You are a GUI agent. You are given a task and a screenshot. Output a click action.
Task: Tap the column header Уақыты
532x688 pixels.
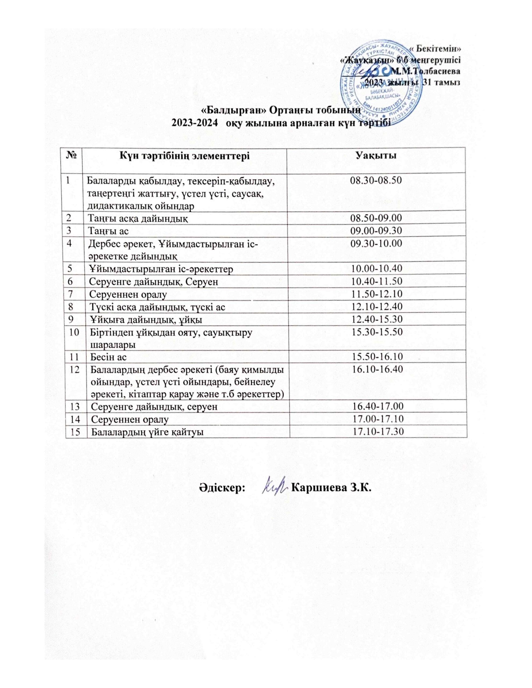[376, 155]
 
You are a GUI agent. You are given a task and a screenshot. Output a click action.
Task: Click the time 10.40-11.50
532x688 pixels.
[377, 281]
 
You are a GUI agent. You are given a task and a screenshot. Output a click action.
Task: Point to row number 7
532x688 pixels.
[72, 294]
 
